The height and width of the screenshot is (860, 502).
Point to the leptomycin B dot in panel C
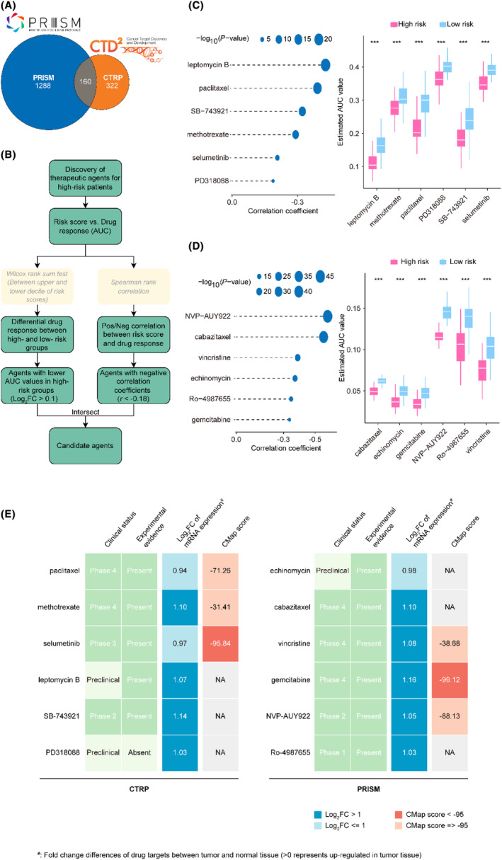325,65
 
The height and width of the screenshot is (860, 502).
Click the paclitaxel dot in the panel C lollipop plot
317,88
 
